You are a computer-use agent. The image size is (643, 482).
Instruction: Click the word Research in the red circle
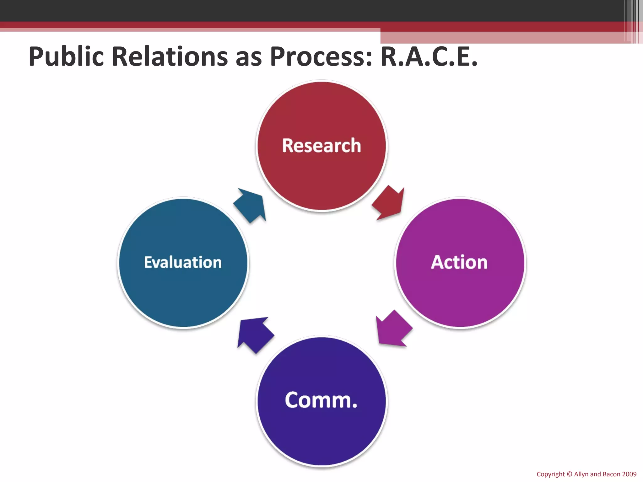click(x=321, y=146)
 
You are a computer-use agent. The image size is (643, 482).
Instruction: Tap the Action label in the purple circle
click(x=459, y=262)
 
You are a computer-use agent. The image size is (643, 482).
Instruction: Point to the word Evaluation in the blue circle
click(x=183, y=262)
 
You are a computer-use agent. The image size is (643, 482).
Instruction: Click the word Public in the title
click(x=66, y=57)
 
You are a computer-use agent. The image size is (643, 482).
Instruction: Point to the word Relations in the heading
click(x=170, y=57)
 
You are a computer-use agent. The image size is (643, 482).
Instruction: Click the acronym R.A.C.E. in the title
click(x=429, y=57)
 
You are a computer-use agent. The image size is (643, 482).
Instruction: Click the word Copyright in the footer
click(x=550, y=474)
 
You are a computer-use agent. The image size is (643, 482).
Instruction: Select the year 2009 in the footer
click(x=629, y=474)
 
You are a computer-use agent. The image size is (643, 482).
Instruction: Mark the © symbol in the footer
click(x=569, y=474)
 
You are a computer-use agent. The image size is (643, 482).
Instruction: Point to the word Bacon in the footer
click(x=611, y=474)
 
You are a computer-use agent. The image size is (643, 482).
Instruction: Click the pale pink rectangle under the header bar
click(x=502, y=37)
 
